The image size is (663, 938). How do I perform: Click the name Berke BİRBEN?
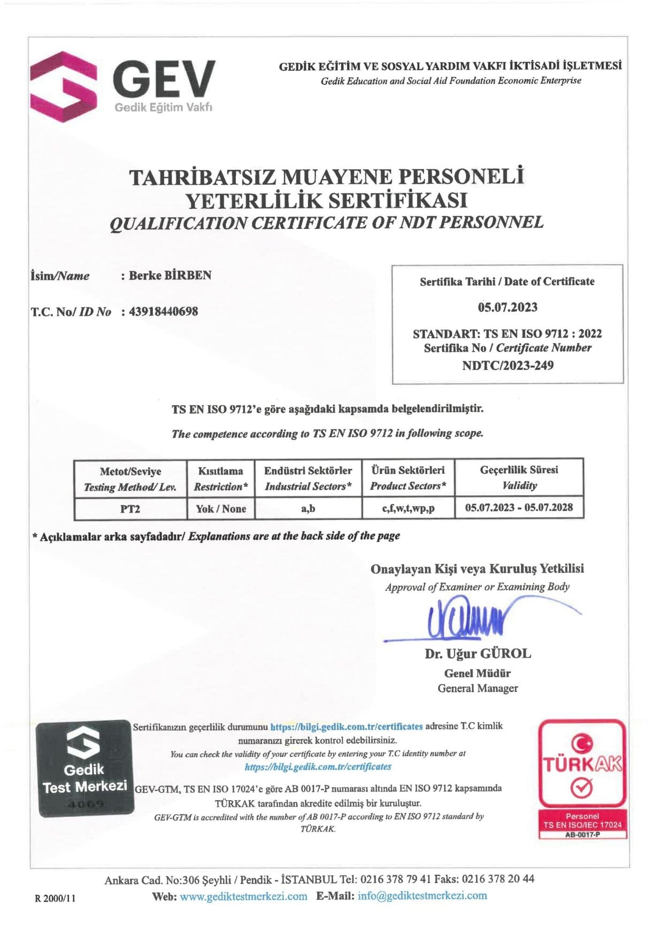point(170,275)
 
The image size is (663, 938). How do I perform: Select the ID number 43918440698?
point(163,311)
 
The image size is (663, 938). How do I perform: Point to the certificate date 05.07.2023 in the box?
point(507,307)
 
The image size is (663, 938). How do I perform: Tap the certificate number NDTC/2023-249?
point(507,365)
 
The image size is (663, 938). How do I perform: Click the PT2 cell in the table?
point(130,509)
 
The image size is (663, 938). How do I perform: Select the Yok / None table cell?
point(221,509)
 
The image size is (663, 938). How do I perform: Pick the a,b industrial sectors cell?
point(308,508)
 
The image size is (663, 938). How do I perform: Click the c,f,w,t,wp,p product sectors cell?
point(408,508)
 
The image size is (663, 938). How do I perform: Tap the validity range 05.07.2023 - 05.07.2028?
point(519,507)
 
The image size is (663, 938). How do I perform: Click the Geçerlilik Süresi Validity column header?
point(519,477)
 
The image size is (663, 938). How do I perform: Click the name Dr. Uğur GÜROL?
point(478,654)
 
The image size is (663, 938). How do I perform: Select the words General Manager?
point(478,688)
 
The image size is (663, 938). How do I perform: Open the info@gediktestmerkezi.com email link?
point(422,896)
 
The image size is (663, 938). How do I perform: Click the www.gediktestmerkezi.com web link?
point(243,896)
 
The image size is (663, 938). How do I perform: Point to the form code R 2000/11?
point(55,898)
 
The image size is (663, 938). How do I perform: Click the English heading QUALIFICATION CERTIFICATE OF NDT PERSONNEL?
point(326,222)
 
